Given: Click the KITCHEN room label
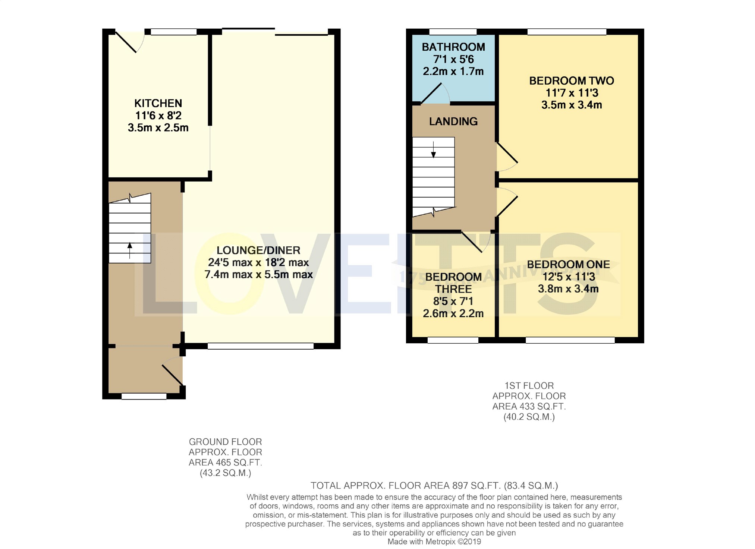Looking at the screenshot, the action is (158, 103).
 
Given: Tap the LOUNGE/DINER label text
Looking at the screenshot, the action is (258, 250).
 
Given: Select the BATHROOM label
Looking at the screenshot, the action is (453, 47).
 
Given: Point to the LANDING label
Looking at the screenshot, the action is (453, 122).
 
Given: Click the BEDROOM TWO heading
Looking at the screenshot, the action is (572, 81).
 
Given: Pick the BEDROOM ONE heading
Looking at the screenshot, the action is (568, 265).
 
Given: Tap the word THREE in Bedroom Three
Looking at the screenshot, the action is (453, 289).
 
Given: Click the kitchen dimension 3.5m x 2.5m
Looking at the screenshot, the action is (158, 128).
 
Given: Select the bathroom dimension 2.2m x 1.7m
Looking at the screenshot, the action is (453, 72).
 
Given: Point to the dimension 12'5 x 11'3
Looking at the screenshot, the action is (569, 277).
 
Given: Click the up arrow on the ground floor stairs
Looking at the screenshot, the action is (130, 250).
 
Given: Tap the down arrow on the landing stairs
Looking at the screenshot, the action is (433, 150).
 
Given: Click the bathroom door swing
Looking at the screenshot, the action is (435, 93).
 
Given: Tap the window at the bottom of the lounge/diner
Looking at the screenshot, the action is (261, 346).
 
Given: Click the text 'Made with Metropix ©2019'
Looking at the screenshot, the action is (434, 542).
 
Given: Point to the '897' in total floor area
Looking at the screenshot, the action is (460, 486).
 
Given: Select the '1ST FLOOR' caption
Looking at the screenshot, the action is (529, 386).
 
